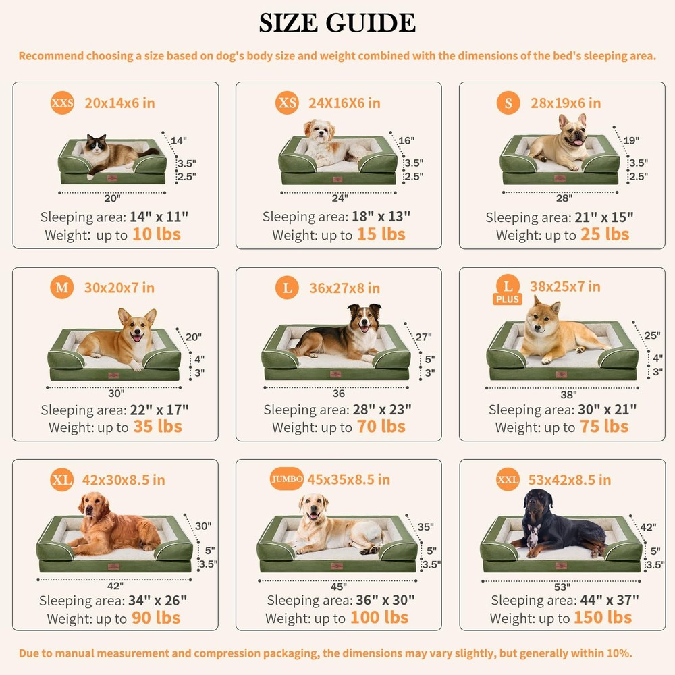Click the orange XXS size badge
[x=62, y=103]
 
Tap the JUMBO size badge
[x=287, y=479]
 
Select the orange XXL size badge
[x=508, y=479]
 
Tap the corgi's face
[x=137, y=327]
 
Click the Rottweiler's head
[x=539, y=503]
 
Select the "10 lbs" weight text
[x=157, y=234]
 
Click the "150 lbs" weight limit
[x=603, y=618]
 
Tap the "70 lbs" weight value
[x=381, y=426]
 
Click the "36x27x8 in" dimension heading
[x=345, y=288]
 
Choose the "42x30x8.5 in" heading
[x=124, y=479]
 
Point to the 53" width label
[x=562, y=587]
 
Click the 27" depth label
[x=424, y=337]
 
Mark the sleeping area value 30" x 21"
[x=607, y=410]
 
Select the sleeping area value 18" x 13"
[x=381, y=217]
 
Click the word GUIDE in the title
[x=371, y=23]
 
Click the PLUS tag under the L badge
[x=508, y=299]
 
